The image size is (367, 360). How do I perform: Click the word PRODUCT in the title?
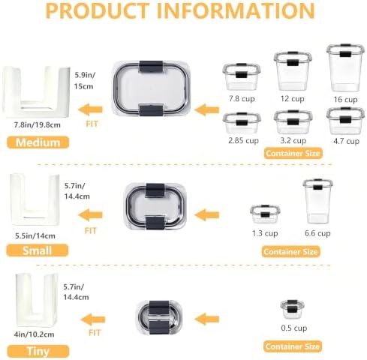(x=98, y=10)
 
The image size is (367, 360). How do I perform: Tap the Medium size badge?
(x=38, y=142)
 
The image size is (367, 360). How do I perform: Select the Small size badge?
(x=38, y=250)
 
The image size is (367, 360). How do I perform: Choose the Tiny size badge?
(x=38, y=351)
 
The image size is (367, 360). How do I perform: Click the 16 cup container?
(x=345, y=67)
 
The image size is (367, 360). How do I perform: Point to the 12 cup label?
(x=292, y=98)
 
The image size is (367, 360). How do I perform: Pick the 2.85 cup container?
(x=242, y=123)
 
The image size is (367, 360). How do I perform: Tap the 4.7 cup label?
(x=346, y=141)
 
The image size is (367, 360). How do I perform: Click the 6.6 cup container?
(x=317, y=201)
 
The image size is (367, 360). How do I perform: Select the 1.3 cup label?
(x=265, y=233)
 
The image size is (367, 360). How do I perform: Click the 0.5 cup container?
(x=292, y=309)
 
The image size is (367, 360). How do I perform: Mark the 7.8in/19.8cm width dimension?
(x=38, y=124)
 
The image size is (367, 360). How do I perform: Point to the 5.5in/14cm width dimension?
(x=35, y=235)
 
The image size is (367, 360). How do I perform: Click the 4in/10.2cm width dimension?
(x=34, y=334)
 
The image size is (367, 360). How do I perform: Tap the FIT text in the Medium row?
(x=92, y=124)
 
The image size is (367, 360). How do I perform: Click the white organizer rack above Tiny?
(x=37, y=300)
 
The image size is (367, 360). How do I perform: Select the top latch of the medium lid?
(x=151, y=67)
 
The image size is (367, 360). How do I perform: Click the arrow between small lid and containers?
(x=206, y=215)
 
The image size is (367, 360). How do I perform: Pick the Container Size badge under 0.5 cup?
(x=293, y=346)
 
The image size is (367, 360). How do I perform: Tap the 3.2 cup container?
(x=293, y=122)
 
